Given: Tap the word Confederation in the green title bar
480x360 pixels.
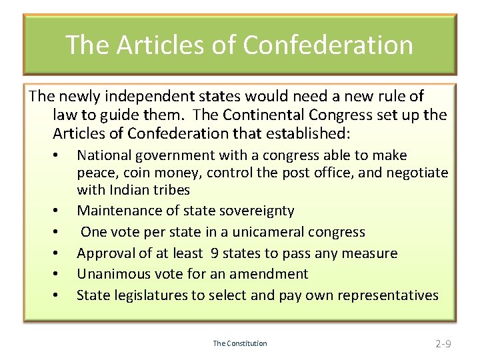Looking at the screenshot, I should click(x=328, y=45).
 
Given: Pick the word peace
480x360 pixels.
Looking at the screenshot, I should click(x=96, y=173).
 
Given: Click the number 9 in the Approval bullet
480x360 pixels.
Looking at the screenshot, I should click(x=214, y=253).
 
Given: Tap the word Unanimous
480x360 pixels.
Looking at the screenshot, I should click(x=115, y=274).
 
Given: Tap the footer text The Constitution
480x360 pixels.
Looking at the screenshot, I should click(x=240, y=343).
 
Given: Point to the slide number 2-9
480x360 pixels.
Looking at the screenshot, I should click(x=443, y=344).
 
